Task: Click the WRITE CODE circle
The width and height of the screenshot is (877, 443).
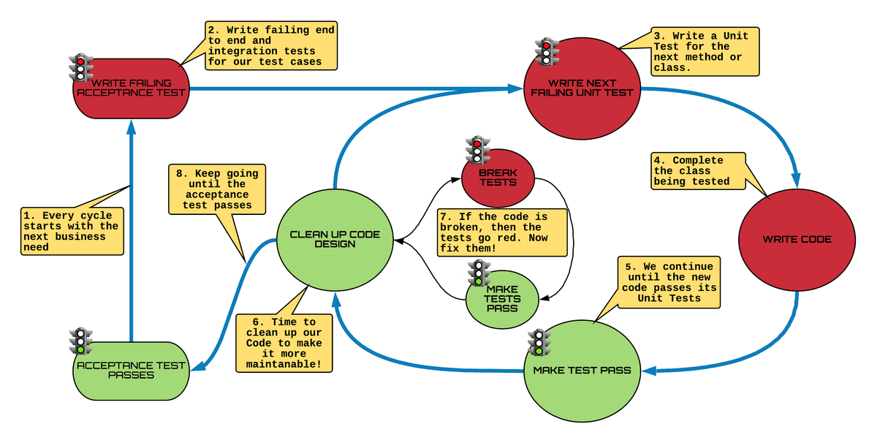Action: coord(797,239)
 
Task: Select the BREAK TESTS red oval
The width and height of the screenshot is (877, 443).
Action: coord(498,178)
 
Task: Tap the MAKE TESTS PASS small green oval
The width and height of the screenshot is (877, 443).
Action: coord(502,299)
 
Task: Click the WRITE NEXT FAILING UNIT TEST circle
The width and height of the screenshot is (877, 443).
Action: coord(582,88)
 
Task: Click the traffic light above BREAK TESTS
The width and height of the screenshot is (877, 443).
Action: coord(478,150)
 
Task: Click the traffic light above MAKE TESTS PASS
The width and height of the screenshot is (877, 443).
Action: coord(478,273)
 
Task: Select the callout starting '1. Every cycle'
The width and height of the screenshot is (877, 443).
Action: coord(70,231)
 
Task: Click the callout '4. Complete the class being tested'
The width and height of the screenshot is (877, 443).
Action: coord(699,171)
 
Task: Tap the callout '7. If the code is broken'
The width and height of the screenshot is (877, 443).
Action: coord(503,232)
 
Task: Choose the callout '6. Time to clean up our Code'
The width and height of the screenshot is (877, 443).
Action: coord(283,343)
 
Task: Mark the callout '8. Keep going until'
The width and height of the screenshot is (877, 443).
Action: coord(217,189)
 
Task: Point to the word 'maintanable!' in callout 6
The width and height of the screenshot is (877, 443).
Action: coord(283,363)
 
